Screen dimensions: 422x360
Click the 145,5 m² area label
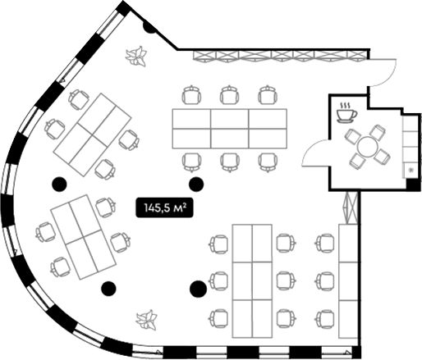[x=164, y=207]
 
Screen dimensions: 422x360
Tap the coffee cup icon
[x=346, y=112]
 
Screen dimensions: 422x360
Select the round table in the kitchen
[x=367, y=147]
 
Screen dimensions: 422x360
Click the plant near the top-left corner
[x=136, y=57]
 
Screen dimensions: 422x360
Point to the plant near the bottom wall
[x=147, y=320]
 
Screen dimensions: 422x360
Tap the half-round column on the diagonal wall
[x=149, y=28]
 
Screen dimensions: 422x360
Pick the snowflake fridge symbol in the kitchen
[x=411, y=171]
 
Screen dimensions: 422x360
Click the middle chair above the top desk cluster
[x=230, y=94]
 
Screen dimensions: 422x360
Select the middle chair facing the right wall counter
[x=325, y=280]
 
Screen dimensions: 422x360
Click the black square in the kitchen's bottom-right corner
[x=413, y=185]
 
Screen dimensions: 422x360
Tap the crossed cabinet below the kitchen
[x=351, y=207]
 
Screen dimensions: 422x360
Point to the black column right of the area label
[x=196, y=185]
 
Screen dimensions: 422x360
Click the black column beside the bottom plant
[x=108, y=288]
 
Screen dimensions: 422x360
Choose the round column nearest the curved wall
[x=59, y=184]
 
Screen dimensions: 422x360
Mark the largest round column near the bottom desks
[x=198, y=289]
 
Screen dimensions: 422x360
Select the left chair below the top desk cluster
[x=192, y=162]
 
